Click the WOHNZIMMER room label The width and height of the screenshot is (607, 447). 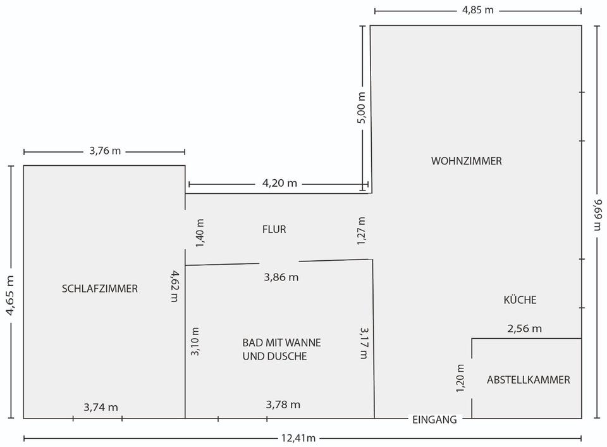[466, 161]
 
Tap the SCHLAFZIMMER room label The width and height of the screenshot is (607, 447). [100, 289]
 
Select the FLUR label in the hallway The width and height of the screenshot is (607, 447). [274, 229]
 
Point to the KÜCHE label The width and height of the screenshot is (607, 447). [520, 299]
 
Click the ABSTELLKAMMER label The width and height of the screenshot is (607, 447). [528, 380]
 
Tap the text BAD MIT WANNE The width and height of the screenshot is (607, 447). [281, 343]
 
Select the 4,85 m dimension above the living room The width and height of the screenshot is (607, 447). [477, 10]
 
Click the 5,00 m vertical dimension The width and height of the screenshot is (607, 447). [362, 108]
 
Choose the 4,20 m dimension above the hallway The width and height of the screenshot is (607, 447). [279, 184]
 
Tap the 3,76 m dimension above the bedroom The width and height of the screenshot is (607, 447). [105, 151]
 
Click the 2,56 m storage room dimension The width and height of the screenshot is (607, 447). [524, 328]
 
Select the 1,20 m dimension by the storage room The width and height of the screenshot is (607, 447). [461, 378]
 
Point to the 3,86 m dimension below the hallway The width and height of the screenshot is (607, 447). [281, 277]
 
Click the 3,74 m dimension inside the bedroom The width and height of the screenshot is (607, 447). [101, 407]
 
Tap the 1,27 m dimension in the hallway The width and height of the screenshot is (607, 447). [362, 231]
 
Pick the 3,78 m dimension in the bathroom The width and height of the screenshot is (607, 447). [283, 405]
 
